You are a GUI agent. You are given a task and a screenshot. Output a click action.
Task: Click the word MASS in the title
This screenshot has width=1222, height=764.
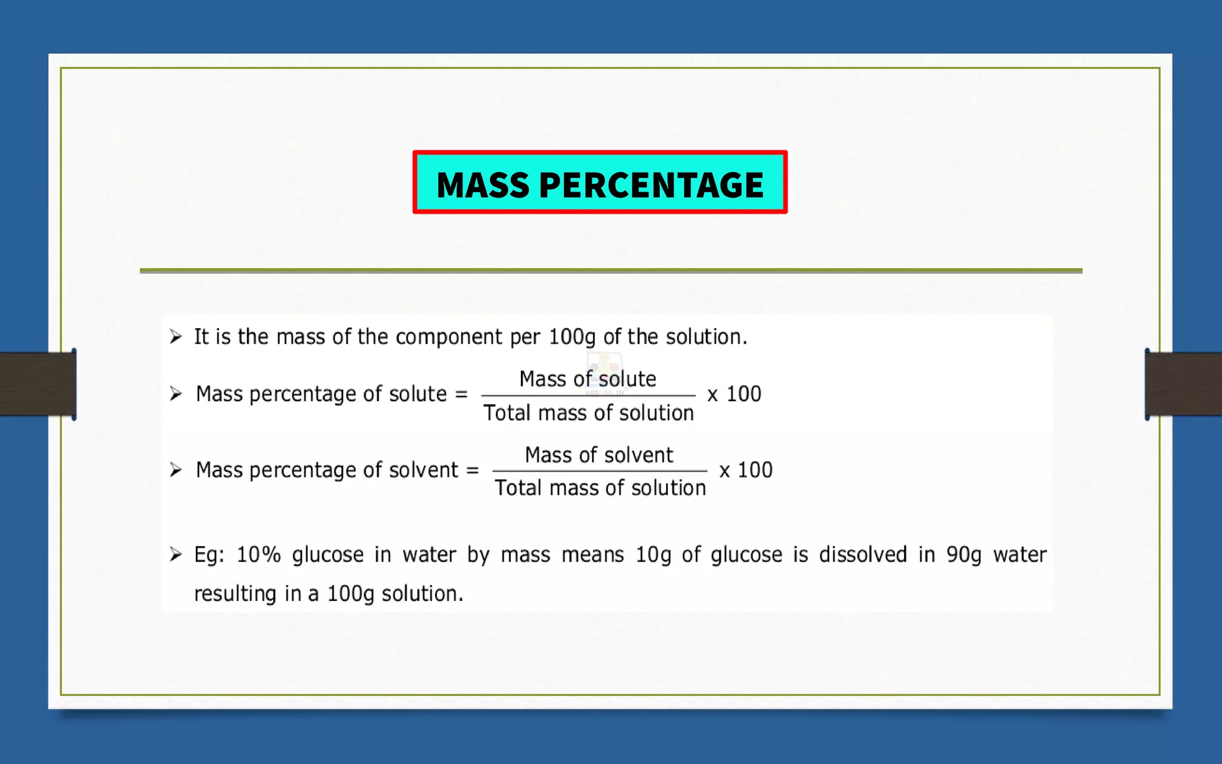pos(483,184)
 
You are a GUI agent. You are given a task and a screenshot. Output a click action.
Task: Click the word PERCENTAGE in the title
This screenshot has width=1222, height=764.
pos(651,184)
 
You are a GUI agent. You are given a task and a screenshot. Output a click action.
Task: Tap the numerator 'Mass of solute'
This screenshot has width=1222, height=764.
pos(588,379)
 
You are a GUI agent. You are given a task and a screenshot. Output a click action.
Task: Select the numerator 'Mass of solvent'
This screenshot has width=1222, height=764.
pos(599,455)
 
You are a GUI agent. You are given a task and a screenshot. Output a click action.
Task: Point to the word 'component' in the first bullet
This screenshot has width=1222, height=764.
pos(449,337)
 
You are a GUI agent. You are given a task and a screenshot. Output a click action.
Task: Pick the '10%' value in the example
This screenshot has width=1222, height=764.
pos(258,554)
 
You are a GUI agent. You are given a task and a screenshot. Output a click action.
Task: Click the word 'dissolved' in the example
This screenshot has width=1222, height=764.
pos(863,554)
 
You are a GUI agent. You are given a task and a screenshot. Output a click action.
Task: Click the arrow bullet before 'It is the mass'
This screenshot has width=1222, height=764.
pos(175,337)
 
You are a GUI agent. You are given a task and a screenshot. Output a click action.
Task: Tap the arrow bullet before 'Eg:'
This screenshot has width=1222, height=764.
pos(175,554)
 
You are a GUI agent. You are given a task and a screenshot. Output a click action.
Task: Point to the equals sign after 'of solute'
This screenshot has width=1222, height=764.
pos(461,395)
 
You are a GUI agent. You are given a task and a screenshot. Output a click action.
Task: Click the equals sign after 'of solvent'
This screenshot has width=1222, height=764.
pos(473,470)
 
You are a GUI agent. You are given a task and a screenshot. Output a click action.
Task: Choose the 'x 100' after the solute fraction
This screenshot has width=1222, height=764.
pos(734,395)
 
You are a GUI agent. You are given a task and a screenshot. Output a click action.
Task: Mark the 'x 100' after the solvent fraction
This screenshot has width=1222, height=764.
pos(746,470)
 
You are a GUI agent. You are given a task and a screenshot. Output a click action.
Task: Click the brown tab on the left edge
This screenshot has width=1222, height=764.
pos(38,384)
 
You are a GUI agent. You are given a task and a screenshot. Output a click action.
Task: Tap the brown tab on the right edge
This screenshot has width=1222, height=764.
pos(1184,384)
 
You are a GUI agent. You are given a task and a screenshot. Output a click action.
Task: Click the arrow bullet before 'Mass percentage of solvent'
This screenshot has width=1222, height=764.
pos(175,470)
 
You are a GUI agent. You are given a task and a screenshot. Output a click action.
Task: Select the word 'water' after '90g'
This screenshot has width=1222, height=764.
pos(1020,554)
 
